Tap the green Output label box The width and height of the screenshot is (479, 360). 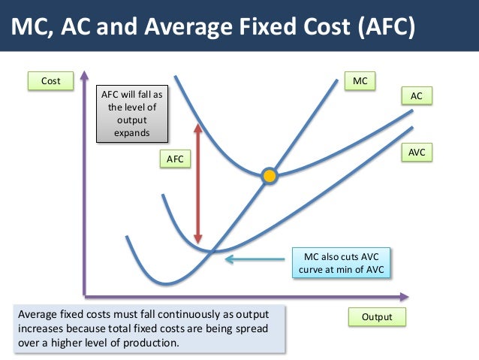coord(377,317)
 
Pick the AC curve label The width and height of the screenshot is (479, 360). coord(417,96)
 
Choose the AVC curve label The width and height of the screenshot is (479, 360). coord(417,153)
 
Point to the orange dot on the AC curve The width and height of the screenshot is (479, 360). coord(270,177)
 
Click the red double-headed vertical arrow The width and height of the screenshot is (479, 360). coord(197,180)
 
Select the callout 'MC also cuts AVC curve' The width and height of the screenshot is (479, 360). coord(342,264)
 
